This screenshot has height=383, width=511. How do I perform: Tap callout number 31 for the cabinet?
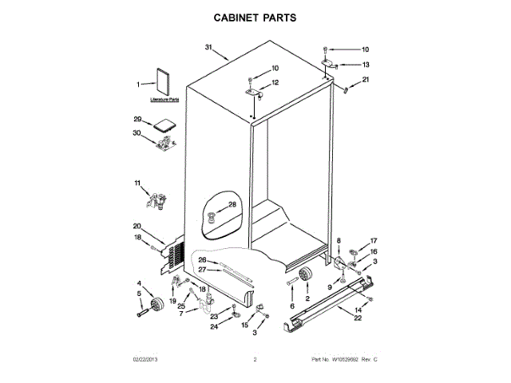click(x=209, y=49)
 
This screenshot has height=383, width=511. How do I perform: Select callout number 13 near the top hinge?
click(x=366, y=64)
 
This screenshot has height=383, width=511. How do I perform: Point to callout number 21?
click(x=366, y=80)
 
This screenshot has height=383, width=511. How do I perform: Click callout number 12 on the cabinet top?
click(x=275, y=82)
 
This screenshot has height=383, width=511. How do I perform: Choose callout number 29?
click(x=137, y=119)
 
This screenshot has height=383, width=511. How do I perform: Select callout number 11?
click(x=137, y=184)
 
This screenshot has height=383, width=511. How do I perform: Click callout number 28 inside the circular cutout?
click(x=232, y=205)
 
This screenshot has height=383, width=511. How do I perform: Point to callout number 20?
click(x=137, y=226)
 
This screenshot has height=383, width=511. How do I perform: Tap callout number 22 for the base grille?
click(x=358, y=318)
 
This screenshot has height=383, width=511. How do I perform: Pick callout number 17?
click(x=372, y=241)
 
